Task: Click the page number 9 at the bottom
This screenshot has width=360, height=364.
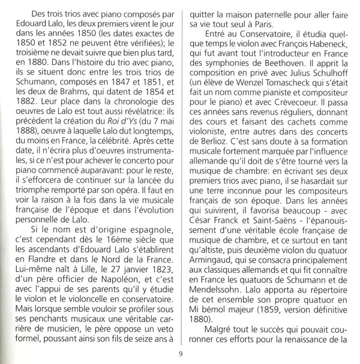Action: (x=180, y=353)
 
